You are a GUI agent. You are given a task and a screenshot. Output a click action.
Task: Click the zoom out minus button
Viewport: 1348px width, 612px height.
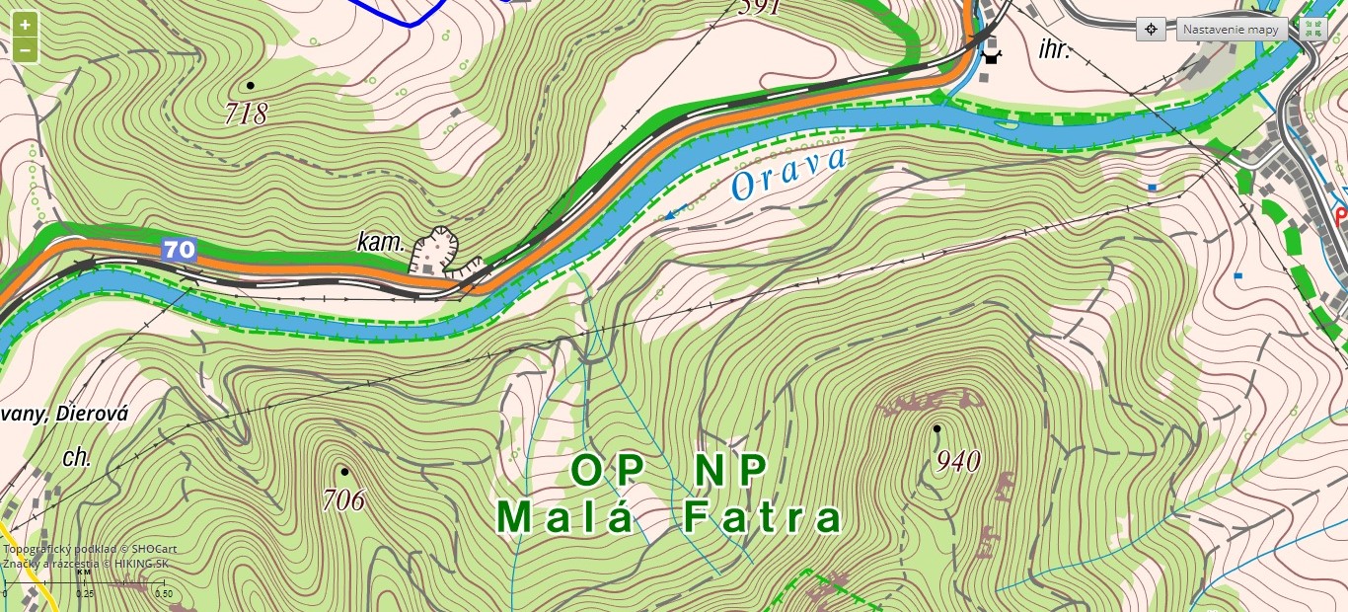(x=25, y=49)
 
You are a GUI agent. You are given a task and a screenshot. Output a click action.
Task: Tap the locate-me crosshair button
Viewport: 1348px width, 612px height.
(x=1151, y=29)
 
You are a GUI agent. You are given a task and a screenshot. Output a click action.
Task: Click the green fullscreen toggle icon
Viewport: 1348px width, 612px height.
(x=1312, y=29)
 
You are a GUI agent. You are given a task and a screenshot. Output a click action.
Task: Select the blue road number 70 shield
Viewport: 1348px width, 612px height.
(x=180, y=250)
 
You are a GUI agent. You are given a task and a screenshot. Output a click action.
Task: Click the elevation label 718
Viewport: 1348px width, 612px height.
(x=246, y=115)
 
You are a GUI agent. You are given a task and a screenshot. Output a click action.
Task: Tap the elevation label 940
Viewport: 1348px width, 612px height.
(x=958, y=461)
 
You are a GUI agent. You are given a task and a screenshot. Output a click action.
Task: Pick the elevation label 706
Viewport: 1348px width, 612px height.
(x=343, y=500)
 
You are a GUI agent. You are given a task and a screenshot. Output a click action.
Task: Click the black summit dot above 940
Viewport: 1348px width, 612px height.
(x=936, y=428)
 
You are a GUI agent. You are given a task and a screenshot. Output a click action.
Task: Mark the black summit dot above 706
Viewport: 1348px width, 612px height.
(x=344, y=471)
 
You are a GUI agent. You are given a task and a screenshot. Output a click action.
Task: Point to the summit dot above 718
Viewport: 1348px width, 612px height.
(x=251, y=85)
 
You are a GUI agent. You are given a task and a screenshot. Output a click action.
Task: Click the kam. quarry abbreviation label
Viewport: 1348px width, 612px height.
(x=382, y=241)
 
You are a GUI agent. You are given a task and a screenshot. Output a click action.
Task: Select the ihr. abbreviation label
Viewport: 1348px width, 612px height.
(x=1054, y=50)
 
